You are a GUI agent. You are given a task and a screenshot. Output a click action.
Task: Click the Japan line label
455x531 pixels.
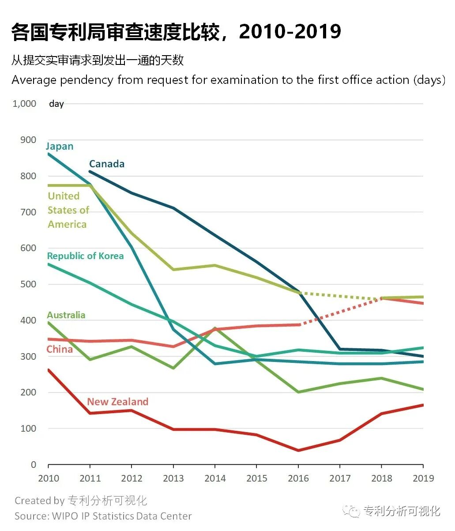point(60,146)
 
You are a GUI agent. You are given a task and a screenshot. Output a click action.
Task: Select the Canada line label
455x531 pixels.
point(107,164)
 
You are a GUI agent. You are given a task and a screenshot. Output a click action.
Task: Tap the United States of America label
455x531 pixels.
point(68,210)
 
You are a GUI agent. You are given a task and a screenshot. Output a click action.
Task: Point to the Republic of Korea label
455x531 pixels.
point(85,256)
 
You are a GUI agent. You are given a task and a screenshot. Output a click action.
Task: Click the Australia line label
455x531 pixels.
point(66,315)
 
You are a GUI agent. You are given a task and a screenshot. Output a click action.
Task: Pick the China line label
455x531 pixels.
point(60,350)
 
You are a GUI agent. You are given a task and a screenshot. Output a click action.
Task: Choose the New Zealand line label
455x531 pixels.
point(117,402)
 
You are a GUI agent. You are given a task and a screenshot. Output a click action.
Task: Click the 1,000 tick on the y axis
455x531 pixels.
point(24,104)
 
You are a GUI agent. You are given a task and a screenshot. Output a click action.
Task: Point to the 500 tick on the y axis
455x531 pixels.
point(28,284)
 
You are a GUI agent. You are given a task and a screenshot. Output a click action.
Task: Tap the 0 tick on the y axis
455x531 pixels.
point(33,465)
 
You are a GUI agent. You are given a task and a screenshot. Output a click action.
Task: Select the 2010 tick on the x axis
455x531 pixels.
point(48,478)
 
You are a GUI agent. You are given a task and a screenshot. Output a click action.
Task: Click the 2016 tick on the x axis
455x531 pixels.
point(298,478)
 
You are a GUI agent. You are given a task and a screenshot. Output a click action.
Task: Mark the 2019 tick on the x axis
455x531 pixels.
point(423,478)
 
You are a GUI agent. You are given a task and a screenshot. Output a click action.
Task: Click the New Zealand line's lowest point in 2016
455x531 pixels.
point(298,450)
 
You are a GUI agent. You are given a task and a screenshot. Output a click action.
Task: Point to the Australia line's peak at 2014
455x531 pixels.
point(215,328)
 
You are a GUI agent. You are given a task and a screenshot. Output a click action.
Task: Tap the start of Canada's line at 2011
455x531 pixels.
point(90,171)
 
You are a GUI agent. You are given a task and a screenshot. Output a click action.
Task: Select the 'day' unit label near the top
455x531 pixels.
point(56,104)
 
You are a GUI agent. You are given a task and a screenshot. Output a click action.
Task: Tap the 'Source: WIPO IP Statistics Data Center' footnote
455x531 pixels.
point(103,516)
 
